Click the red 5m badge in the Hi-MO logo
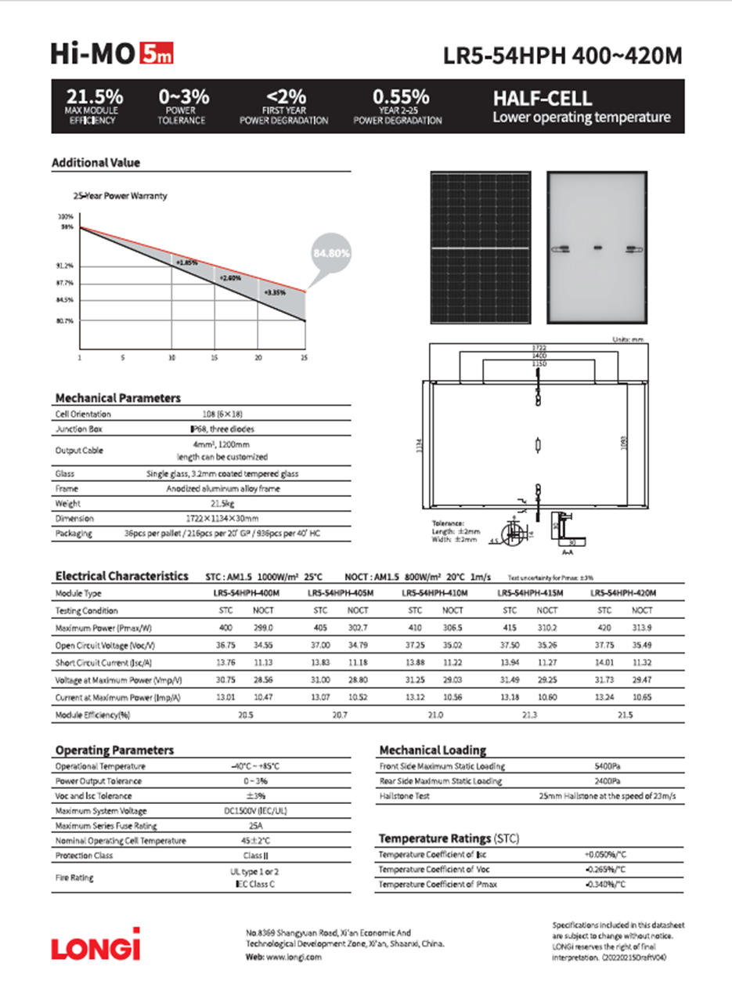coord(156,54)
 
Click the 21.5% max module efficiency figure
coord(94,98)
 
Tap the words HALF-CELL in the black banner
coord(542,100)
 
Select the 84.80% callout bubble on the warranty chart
coord(331,254)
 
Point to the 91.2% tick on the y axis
coord(65,266)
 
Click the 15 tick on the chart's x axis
coord(215,357)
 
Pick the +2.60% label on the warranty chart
coord(230,277)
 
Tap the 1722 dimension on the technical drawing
coord(537,347)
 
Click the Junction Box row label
coord(75,429)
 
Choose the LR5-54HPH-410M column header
coord(434,593)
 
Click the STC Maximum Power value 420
coord(604,628)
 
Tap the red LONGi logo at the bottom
coord(96,943)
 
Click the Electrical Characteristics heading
coord(121,577)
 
